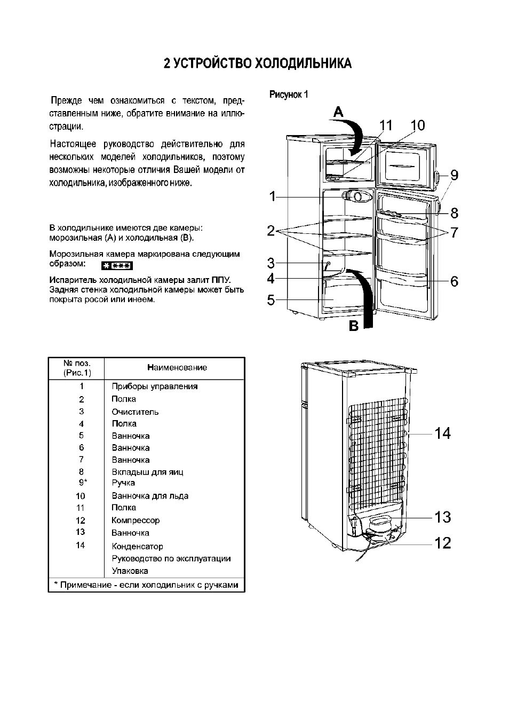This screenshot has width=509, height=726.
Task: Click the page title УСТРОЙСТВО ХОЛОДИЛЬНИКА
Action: [258, 64]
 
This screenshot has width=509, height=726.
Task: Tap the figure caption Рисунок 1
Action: [289, 94]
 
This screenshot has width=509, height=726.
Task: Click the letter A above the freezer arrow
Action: [338, 112]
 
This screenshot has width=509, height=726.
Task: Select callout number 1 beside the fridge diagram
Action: [273, 196]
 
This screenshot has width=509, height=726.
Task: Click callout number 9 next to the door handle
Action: [454, 175]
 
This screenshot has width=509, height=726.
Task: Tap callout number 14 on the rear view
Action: [442, 433]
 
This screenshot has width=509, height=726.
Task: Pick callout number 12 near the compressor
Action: [443, 543]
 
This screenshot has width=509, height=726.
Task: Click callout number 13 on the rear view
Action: [443, 517]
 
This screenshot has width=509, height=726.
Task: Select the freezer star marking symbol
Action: [117, 266]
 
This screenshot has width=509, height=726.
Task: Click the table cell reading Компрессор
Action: [136, 520]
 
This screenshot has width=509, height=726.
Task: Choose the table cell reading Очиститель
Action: [135, 412]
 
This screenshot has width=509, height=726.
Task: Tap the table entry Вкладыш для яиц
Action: [147, 472]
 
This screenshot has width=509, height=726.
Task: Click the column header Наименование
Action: [177, 367]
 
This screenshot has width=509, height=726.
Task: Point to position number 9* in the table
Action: [83, 483]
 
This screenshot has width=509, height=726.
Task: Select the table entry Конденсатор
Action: [137, 546]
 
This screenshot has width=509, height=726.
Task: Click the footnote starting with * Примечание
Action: [146, 585]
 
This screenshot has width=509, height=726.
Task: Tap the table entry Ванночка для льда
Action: [150, 496]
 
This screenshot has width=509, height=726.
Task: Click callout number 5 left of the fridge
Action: [271, 300]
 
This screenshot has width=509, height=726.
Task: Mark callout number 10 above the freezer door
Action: [418, 125]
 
